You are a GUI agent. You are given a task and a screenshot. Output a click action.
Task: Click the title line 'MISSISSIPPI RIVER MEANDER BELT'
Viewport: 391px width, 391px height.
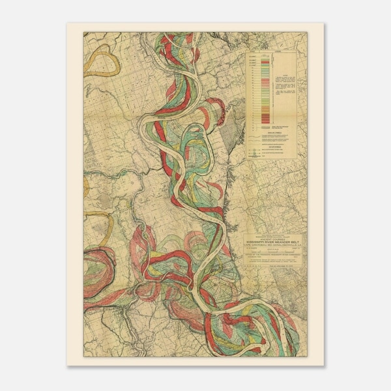[x=271, y=240]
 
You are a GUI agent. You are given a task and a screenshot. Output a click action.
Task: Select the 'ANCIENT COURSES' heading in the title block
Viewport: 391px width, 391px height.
[x=271, y=237]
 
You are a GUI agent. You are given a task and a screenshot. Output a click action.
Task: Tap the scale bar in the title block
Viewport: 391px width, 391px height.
[x=271, y=249]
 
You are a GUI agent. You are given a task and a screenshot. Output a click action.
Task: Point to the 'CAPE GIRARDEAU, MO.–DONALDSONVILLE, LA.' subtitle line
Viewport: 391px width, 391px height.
[x=271, y=244]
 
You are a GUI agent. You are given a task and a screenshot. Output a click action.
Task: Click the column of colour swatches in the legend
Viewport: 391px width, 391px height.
[x=265, y=91]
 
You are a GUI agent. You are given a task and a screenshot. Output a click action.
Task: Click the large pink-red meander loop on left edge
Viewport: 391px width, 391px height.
[x=98, y=267]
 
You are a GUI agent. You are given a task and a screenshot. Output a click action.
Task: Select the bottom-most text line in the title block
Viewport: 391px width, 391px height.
[x=271, y=267]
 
